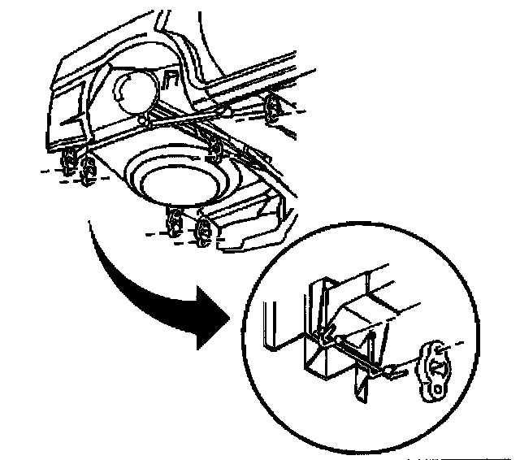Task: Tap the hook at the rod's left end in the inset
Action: pos(323,332)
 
